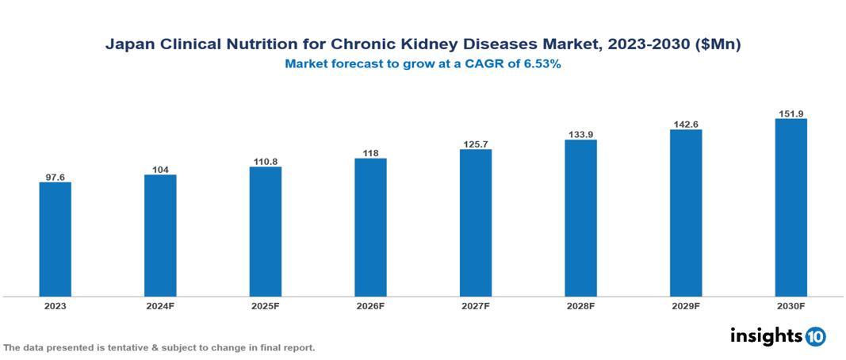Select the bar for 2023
point(56,239)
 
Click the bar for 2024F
point(160,236)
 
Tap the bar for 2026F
point(370,228)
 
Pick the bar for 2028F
point(580,218)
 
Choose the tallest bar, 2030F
point(790,208)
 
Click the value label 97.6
point(56,177)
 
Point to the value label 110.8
point(266,161)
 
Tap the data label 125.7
point(476,144)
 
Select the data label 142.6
point(686,124)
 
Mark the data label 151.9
point(790,113)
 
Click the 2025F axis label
point(266,305)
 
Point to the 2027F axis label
point(476,305)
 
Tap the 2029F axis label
point(686,305)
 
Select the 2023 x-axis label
point(56,305)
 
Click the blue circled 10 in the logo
point(816,336)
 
